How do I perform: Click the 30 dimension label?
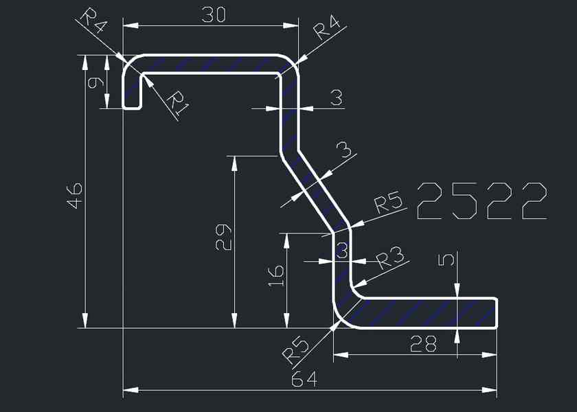[x=213, y=14]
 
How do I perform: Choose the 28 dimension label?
[x=422, y=343]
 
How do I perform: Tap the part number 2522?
[x=482, y=202]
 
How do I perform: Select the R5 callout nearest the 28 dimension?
[x=296, y=351]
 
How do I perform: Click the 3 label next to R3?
[x=341, y=251]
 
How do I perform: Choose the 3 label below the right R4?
[x=336, y=98]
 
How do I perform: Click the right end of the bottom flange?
[x=496, y=313]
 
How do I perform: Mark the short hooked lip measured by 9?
[x=132, y=89]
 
